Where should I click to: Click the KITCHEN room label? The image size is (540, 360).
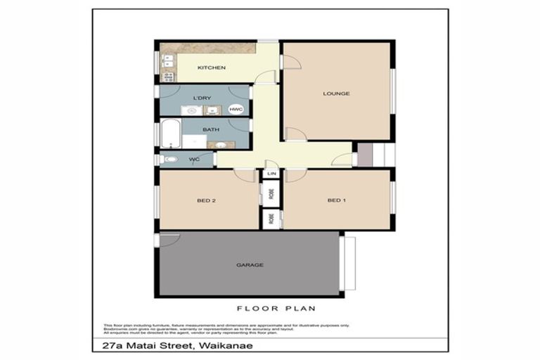[x=211, y=67]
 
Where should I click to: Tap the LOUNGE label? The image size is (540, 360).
[x=336, y=94]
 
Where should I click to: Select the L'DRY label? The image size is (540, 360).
[x=202, y=98]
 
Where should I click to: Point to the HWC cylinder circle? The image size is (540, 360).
[x=236, y=110]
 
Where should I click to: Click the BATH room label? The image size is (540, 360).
[x=211, y=129]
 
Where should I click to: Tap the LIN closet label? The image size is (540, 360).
[x=271, y=173]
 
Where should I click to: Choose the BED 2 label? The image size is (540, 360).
[x=205, y=200]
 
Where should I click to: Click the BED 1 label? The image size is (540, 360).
[x=337, y=200]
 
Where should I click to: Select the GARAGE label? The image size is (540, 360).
[x=250, y=265]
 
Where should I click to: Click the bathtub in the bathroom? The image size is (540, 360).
[x=169, y=134]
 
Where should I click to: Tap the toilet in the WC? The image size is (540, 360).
[x=166, y=160]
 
